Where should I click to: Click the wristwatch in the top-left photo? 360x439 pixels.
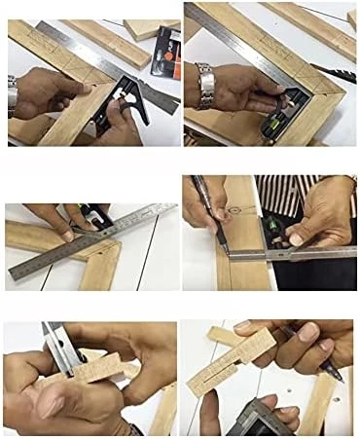[13, 97]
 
